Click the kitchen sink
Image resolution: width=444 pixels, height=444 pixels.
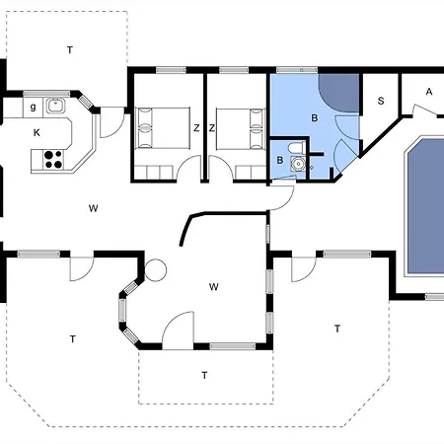coord(56,106)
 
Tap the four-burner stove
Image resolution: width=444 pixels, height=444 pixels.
coord(53,159)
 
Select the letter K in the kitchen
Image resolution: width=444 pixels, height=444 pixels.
coord(37,133)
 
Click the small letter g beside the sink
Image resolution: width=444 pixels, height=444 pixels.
coord(33,108)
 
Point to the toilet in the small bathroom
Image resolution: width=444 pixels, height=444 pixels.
coord(296,148)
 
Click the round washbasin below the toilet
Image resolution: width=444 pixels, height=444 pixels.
coord(298,164)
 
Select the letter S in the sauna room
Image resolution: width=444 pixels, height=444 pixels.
coord(381,101)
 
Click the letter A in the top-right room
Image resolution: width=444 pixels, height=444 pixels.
coord(429,92)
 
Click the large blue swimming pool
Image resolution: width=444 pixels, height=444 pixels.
coord(425,206)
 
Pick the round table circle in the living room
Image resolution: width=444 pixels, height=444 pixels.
coord(156,270)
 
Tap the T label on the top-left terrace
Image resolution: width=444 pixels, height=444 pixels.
coord(70,50)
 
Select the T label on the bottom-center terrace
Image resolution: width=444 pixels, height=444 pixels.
coord(204,375)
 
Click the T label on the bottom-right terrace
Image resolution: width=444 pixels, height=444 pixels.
coord(337,329)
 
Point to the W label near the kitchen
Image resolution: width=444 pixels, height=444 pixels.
coord(94,208)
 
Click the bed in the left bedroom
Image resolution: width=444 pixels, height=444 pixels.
coord(163,127)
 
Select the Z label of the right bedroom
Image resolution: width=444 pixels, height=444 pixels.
coord(212,128)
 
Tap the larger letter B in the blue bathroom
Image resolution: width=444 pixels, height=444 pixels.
coord(315,118)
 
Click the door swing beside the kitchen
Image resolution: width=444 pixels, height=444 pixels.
coord(111,122)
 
